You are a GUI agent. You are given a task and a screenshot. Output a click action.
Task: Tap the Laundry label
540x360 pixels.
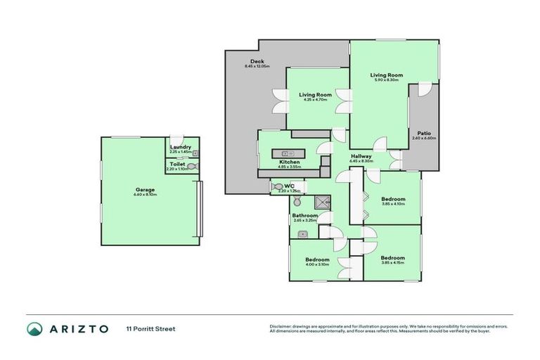tap(181, 147)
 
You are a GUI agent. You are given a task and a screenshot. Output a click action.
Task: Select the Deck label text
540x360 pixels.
tap(247, 61)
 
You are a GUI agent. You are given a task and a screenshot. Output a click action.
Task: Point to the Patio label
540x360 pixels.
tap(424, 133)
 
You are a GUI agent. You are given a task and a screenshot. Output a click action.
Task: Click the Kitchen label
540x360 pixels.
tap(290, 162)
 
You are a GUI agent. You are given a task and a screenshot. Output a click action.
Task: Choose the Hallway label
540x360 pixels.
tap(361, 156)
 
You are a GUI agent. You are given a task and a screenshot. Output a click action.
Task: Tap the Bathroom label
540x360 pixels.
tap(305, 215)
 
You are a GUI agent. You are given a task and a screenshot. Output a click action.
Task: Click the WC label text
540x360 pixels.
tap(290, 186)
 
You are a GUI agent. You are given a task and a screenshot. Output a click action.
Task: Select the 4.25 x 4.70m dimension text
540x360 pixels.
tap(315, 100)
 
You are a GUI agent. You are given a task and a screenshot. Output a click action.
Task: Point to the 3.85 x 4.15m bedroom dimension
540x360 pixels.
tap(393, 262)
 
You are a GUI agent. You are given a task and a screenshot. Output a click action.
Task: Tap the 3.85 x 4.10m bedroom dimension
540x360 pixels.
tap(393, 204)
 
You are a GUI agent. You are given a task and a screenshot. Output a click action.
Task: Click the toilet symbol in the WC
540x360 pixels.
tap(276, 187)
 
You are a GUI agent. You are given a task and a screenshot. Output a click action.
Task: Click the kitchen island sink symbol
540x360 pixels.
tap(286, 153)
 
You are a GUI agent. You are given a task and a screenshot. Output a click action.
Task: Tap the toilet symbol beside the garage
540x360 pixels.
tap(192, 167)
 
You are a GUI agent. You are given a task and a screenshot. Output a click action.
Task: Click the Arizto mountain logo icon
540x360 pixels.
tap(34, 328)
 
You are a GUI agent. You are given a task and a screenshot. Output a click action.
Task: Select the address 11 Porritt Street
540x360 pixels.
tap(150, 328)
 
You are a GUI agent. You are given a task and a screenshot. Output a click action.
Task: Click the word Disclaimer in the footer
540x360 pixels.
tap(281, 326)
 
